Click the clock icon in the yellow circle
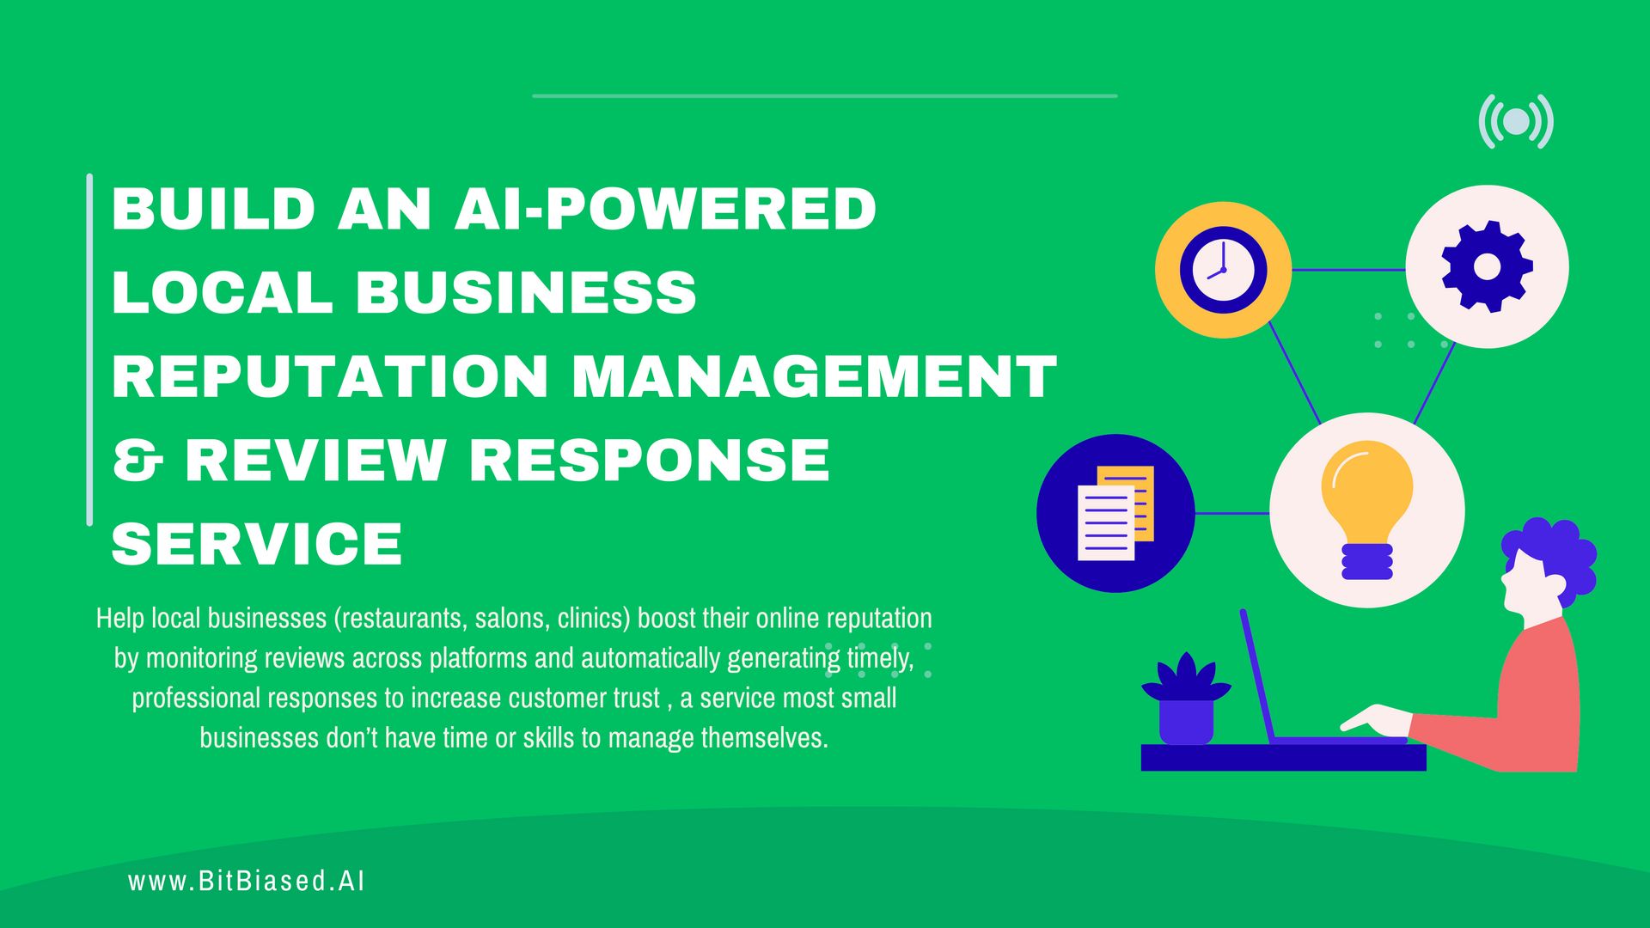(1223, 270)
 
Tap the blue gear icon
(1487, 266)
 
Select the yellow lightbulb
(1366, 507)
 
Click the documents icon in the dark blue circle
(1115, 513)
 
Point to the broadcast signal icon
(1517, 121)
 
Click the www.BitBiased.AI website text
(247, 882)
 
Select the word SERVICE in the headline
(257, 544)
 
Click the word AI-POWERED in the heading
(665, 209)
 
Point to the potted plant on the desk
(1186, 700)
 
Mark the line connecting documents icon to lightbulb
(1231, 513)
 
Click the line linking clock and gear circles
(1347, 270)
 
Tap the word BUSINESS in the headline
(525, 292)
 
